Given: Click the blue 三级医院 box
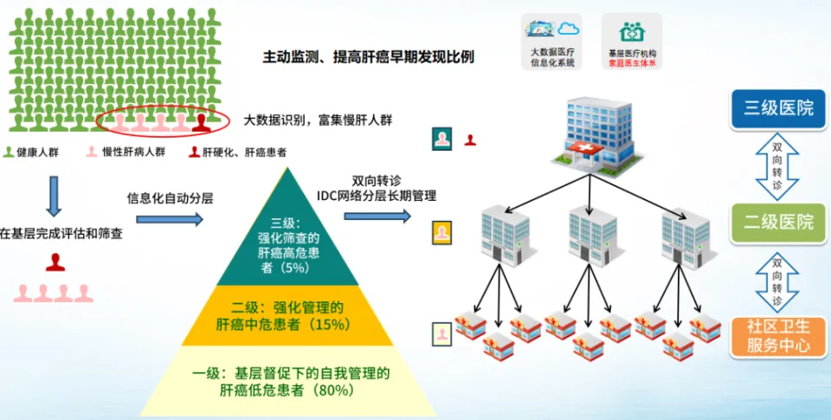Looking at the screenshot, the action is click(778, 109).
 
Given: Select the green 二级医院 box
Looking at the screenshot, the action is click(778, 223).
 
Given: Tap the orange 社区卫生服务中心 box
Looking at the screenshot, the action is click(778, 337).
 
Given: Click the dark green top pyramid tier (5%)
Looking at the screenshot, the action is click(287, 233).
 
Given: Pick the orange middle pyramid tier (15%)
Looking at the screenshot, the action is click(287, 315).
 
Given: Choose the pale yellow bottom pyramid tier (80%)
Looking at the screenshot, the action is click(287, 381).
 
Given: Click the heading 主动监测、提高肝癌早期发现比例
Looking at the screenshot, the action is click(369, 57).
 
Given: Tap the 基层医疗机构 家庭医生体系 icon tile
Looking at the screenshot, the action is click(632, 42).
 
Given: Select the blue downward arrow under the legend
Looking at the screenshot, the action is click(54, 197).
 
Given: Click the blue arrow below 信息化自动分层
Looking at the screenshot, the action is click(170, 219).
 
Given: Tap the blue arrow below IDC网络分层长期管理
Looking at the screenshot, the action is click(377, 216).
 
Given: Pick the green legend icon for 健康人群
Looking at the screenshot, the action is click(9, 152).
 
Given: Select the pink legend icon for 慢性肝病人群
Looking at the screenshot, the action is click(93, 152).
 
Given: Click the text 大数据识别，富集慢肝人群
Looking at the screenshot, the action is click(318, 120).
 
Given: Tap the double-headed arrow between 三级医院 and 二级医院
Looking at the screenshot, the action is click(777, 166).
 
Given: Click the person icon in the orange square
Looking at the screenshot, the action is click(442, 232).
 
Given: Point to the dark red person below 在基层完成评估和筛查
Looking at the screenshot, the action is click(55, 262).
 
